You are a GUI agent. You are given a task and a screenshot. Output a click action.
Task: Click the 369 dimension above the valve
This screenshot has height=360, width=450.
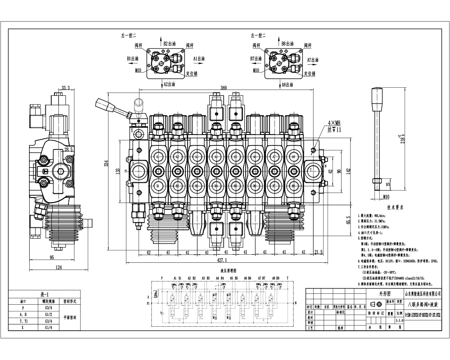point(224,89)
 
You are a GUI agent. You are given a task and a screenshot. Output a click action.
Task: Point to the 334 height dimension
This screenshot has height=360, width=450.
point(107,165)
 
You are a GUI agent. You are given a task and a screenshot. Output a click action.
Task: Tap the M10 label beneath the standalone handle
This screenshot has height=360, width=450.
point(386,197)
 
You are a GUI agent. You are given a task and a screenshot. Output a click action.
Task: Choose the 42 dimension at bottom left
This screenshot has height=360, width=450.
point(148,252)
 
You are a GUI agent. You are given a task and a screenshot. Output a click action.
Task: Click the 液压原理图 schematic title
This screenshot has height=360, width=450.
point(229,271)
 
